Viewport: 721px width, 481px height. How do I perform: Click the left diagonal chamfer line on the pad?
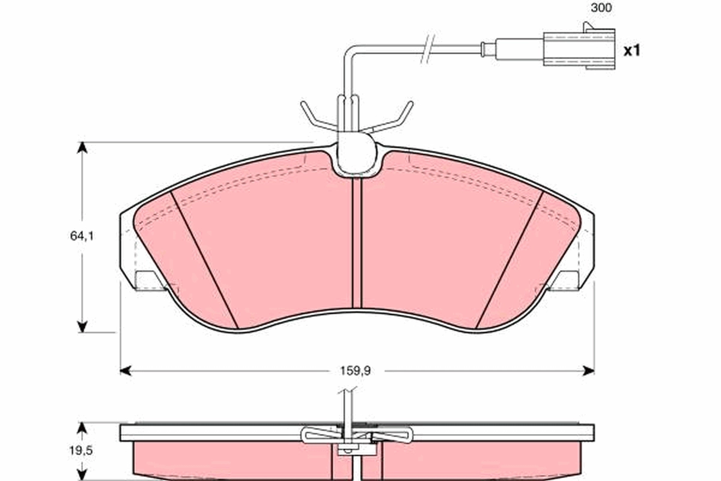[204, 259]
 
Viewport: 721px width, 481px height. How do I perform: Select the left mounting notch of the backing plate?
[148, 280]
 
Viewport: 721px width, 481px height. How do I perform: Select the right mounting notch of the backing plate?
[565, 280]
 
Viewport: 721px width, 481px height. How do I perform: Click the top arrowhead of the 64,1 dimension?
[83, 148]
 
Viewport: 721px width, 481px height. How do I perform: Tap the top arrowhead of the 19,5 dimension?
[83, 427]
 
